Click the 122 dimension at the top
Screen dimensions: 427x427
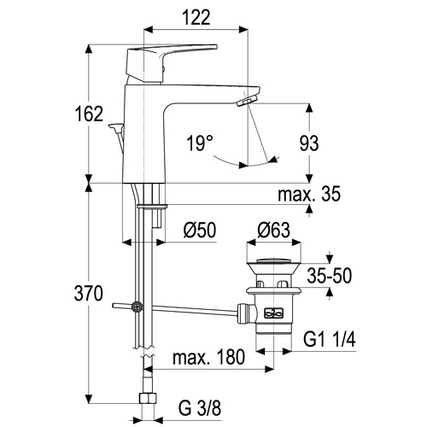tap(196, 17)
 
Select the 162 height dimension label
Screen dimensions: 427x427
tap(89, 114)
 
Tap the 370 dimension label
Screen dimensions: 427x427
tap(88, 294)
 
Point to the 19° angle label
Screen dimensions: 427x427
tap(200, 143)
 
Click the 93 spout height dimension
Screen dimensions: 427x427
tap(309, 143)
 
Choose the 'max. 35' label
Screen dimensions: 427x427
tap(309, 194)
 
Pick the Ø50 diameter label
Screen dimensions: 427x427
tap(200, 230)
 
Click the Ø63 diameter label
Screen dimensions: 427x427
tap(274, 230)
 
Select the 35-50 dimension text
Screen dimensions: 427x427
tap(330, 276)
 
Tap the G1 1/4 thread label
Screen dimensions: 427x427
tap(330, 339)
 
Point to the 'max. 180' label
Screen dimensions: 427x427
tap(208, 357)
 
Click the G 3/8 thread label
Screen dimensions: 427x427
tap(200, 408)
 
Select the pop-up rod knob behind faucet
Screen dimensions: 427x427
tap(115, 126)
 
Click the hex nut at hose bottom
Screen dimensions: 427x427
tap(148, 398)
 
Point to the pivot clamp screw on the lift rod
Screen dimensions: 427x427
tap(137, 307)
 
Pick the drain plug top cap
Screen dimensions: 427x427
tap(274, 260)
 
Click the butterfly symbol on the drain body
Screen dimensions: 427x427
tap(274, 313)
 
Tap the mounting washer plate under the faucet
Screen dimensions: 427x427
tap(152, 206)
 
